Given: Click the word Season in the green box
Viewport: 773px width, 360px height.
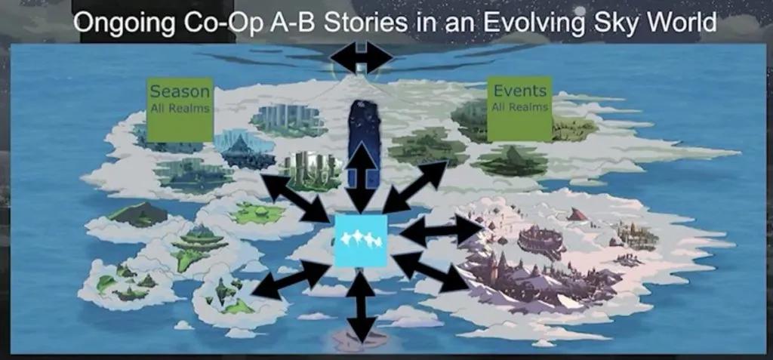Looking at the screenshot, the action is pos(180,92).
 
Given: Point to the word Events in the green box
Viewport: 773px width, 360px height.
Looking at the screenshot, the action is pos(519,91).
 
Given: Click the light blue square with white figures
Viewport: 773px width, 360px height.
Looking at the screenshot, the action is pos(361,241).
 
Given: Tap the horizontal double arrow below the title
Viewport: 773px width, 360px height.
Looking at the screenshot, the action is pos(362,57).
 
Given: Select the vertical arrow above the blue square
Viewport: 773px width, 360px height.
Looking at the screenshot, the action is pos(363,177).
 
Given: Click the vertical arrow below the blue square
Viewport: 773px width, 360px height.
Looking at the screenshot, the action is pos(362,306).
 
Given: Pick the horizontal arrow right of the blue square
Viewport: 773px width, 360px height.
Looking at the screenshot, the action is pos(441,230).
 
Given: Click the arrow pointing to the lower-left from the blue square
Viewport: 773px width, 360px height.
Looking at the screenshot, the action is pos(291,279).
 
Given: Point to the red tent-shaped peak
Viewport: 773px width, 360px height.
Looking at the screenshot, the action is pos(577,214).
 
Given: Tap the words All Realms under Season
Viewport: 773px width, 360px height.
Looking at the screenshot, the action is pos(180,109).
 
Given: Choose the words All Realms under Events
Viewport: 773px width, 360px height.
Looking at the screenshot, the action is pos(520,107).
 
